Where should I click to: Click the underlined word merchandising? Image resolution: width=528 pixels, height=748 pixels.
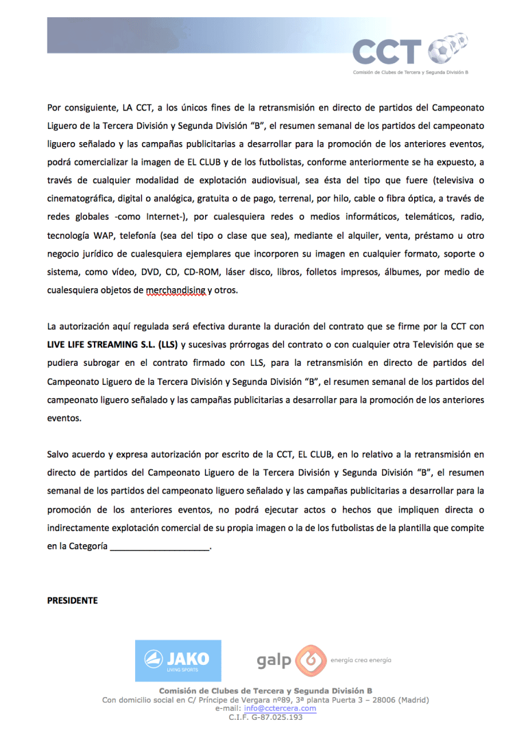coord(176,290)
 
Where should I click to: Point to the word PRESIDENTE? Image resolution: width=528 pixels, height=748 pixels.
coord(72,600)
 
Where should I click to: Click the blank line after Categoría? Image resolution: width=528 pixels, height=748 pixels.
coord(159,547)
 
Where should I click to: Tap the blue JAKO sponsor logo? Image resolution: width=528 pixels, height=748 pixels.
coord(178,661)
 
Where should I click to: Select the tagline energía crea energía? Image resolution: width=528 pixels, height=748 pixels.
coord(361,659)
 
